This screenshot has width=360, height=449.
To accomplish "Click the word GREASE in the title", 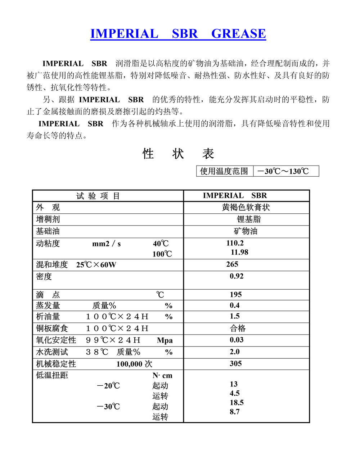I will coord(238,33).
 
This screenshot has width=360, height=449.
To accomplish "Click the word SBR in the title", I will coord(185,33).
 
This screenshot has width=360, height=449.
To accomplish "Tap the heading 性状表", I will coord(178,154).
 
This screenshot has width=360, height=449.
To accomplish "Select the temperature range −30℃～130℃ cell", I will coord(286,171).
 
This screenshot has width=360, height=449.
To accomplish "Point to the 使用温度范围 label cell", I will coord(224,171).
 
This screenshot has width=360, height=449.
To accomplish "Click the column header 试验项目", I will coord(98,196).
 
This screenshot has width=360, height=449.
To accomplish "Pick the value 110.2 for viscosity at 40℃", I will coord(235,243).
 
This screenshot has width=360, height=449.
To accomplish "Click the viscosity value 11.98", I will coord(239,252).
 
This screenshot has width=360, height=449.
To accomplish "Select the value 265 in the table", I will coord(232,264).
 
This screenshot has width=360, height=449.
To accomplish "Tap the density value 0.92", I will coord(237,276).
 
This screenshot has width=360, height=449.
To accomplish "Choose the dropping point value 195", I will coord(236,295).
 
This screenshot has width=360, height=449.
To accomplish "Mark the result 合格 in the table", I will coord(238,328).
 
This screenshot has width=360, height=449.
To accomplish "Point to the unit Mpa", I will coord(165,340).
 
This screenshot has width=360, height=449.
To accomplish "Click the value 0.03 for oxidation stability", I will coord(237,340).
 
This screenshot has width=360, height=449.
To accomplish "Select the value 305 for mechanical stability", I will coord(236,363).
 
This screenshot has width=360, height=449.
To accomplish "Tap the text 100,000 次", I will coord(134,364).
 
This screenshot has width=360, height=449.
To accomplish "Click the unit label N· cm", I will coord(162,376).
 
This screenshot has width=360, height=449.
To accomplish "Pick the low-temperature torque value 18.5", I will coord(237,403).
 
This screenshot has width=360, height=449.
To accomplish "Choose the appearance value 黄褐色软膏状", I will coord(246,207).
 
